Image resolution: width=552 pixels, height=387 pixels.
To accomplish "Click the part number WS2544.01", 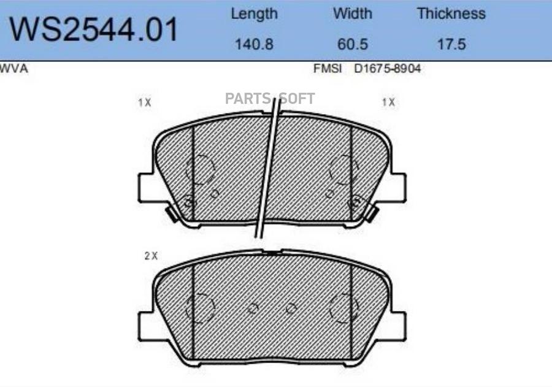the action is (x=93, y=29).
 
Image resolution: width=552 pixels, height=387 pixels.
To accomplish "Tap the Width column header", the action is (x=353, y=13).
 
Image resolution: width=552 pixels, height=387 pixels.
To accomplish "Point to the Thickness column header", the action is (x=451, y=13).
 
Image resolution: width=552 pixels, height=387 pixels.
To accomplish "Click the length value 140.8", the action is (x=254, y=44).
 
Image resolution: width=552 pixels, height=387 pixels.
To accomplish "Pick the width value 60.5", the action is (x=353, y=44).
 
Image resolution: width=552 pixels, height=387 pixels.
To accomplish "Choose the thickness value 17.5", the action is (x=451, y=44).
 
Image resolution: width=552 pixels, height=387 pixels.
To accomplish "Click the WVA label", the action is (x=13, y=68).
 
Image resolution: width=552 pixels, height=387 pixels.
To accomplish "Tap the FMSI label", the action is (x=328, y=68).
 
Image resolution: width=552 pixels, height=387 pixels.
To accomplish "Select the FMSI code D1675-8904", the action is (x=387, y=68).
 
